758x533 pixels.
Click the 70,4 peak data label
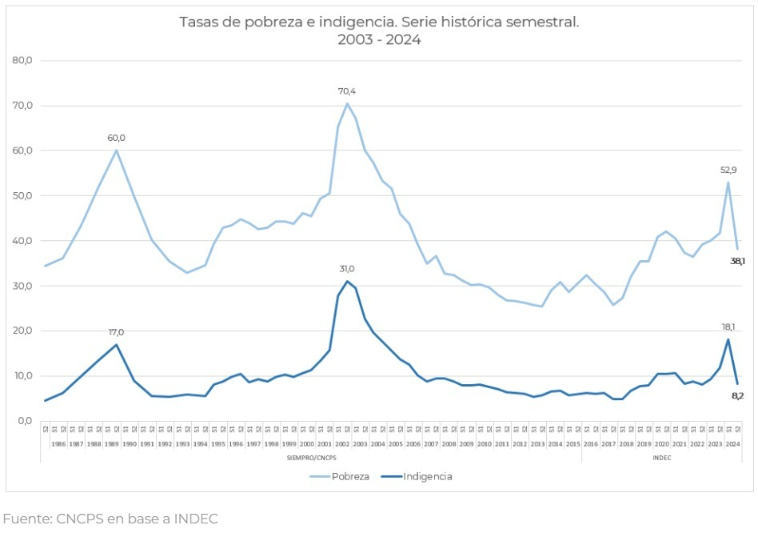pyautogui.click(x=346, y=91)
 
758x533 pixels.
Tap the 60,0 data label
pyautogui.click(x=117, y=138)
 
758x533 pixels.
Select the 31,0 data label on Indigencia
pyautogui.click(x=346, y=269)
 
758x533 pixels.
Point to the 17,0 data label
pyautogui.click(x=117, y=332)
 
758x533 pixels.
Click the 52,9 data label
pyautogui.click(x=728, y=170)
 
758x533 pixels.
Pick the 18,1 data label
pyautogui.click(x=728, y=327)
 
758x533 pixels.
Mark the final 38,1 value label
pyautogui.click(x=737, y=261)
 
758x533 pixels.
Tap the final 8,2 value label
pyautogui.click(x=737, y=395)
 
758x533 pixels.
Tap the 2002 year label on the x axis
pyautogui.click(x=342, y=443)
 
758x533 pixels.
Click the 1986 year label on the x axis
pyautogui.click(x=58, y=443)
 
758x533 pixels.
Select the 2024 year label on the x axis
pyautogui.click(x=732, y=443)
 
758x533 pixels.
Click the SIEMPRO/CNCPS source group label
pyautogui.click(x=310, y=458)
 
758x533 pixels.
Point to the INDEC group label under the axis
pyautogui.click(x=661, y=458)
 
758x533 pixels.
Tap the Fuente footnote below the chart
pyautogui.click(x=110, y=519)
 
